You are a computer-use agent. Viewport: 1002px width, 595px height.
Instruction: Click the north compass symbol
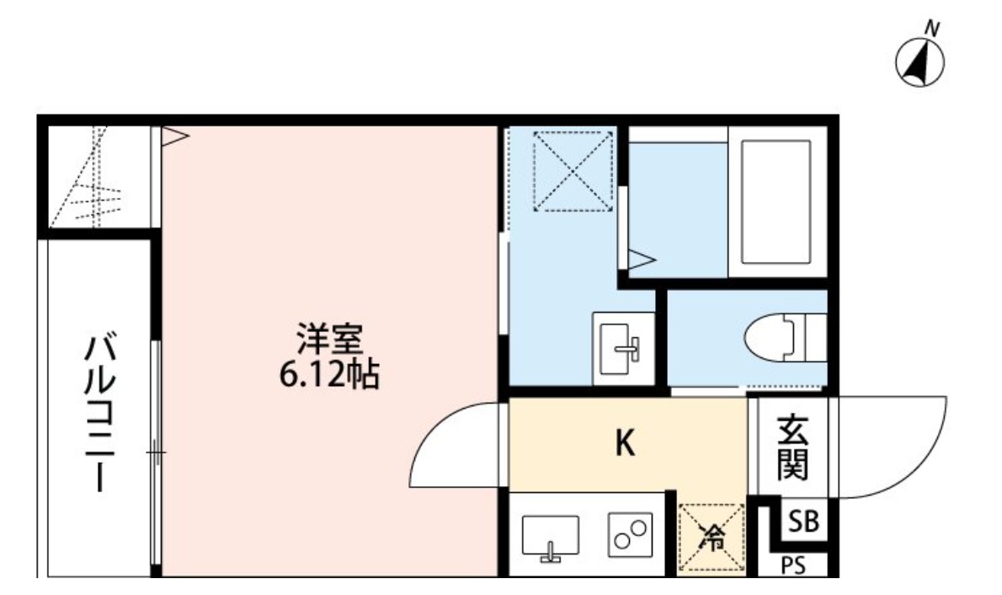click(919, 61)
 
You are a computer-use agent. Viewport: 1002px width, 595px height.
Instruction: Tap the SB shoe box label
click(802, 522)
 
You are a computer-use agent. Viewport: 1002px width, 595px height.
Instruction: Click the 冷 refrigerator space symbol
click(712, 538)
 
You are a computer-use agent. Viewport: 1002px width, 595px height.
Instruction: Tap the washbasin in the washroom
click(623, 347)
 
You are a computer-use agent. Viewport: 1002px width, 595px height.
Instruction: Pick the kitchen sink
click(551, 538)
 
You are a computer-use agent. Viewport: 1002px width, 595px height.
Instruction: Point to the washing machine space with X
click(572, 170)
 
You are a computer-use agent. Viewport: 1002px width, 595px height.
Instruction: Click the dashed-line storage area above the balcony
click(98, 177)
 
